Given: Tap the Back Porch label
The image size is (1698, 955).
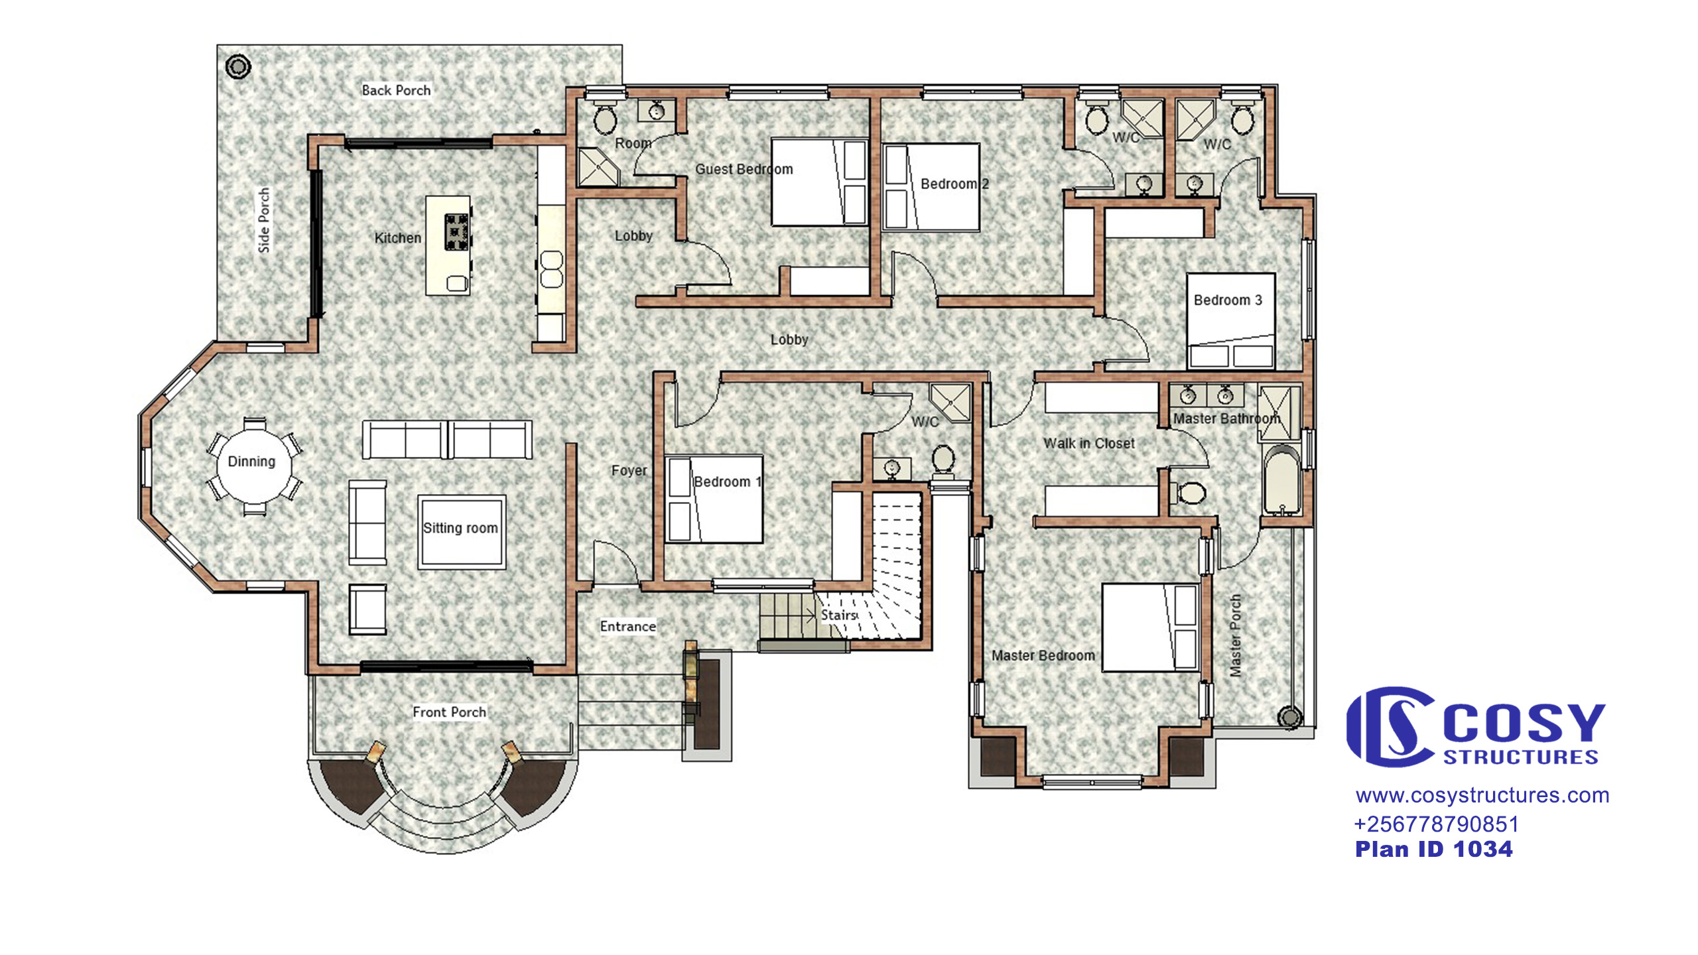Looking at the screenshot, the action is pos(396,90).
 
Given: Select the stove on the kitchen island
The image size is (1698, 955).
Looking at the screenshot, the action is pos(456,232).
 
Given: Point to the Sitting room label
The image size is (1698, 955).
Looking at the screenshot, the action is pos(460,528).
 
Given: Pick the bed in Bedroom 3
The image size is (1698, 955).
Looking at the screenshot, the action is pos(1230,320).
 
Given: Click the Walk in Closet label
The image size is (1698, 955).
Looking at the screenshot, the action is pos(1088,443).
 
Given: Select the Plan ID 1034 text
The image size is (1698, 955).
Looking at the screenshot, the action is pos(1434,849).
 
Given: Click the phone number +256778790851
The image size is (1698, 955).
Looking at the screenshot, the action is pos(1436,824).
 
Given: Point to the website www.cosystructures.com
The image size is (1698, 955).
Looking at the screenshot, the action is pos(1482,795).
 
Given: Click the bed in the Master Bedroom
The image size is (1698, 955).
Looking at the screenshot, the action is pos(1150,627).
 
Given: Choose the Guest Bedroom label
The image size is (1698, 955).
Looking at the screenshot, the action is pos(744,169).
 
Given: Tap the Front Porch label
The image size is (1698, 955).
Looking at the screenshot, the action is pos(449,712).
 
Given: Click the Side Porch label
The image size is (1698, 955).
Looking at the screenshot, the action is pos(264,220).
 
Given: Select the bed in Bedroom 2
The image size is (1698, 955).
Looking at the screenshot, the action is pos(932,187).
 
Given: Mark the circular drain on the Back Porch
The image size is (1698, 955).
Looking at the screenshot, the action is pos(238,66).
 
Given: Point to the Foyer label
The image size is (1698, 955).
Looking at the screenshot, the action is pos(629,471).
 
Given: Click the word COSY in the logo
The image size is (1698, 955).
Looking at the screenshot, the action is pos(1524,723).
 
